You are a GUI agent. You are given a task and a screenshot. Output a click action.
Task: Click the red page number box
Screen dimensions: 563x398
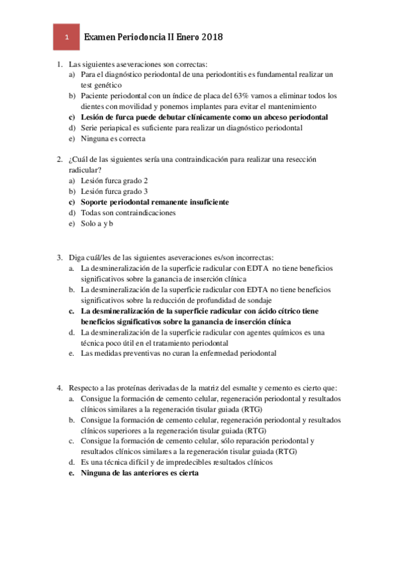pyautogui.click(x=66, y=38)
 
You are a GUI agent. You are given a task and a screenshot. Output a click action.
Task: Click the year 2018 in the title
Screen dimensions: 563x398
pyautogui.click(x=209, y=38)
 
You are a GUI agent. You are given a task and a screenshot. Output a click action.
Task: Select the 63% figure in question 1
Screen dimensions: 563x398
pyautogui.click(x=266, y=96)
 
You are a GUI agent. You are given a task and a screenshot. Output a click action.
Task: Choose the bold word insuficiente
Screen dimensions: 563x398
pyautogui.click(x=204, y=202)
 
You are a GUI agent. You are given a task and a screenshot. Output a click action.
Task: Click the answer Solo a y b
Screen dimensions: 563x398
pyautogui.click(x=97, y=224)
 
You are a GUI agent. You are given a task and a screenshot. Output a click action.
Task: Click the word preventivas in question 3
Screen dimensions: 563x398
pyautogui.click(x=123, y=354)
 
